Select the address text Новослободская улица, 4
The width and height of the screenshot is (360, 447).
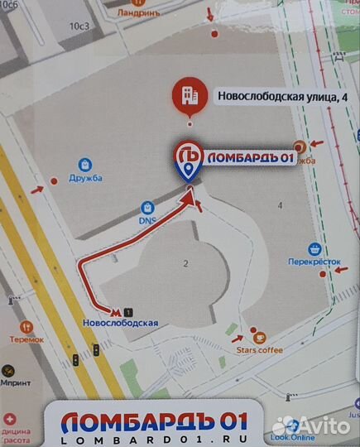282,96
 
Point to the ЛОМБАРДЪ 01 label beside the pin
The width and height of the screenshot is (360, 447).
249,159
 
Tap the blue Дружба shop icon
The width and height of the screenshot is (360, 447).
84,164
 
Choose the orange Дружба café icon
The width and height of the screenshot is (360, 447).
300,147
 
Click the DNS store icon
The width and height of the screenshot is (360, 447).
146,206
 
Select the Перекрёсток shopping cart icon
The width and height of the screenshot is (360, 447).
314,248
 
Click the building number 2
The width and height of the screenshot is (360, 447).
186,263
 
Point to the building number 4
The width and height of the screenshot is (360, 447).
281,204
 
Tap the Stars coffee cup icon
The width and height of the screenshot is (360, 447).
259,337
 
